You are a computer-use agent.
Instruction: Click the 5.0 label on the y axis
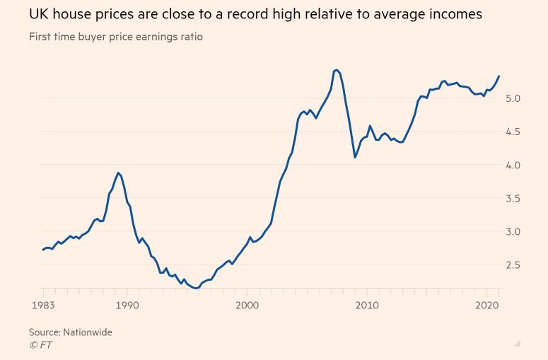click(x=513, y=98)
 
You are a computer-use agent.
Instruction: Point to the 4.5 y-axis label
click(x=513, y=132)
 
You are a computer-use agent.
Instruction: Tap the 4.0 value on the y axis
click(x=513, y=165)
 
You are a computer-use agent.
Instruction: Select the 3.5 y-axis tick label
click(x=513, y=199)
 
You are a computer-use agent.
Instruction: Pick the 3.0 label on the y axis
click(x=513, y=232)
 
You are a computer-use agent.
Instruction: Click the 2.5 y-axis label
click(x=513, y=265)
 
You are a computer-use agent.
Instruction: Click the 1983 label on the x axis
click(x=43, y=305)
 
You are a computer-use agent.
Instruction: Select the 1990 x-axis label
click(x=127, y=305)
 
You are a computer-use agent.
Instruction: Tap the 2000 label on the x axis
click(x=247, y=305)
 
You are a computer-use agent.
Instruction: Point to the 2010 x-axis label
click(x=367, y=305)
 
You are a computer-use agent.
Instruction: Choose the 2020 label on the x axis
click(x=487, y=305)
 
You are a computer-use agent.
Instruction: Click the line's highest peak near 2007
click(x=337, y=70)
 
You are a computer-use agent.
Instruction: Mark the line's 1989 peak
click(x=118, y=173)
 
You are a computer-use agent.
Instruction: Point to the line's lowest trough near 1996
click(x=196, y=289)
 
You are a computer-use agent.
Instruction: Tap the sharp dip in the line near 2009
click(x=355, y=157)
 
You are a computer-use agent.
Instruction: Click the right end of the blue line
click(x=499, y=76)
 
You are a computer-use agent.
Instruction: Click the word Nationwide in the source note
click(x=87, y=332)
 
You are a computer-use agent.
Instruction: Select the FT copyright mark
click(x=40, y=344)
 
